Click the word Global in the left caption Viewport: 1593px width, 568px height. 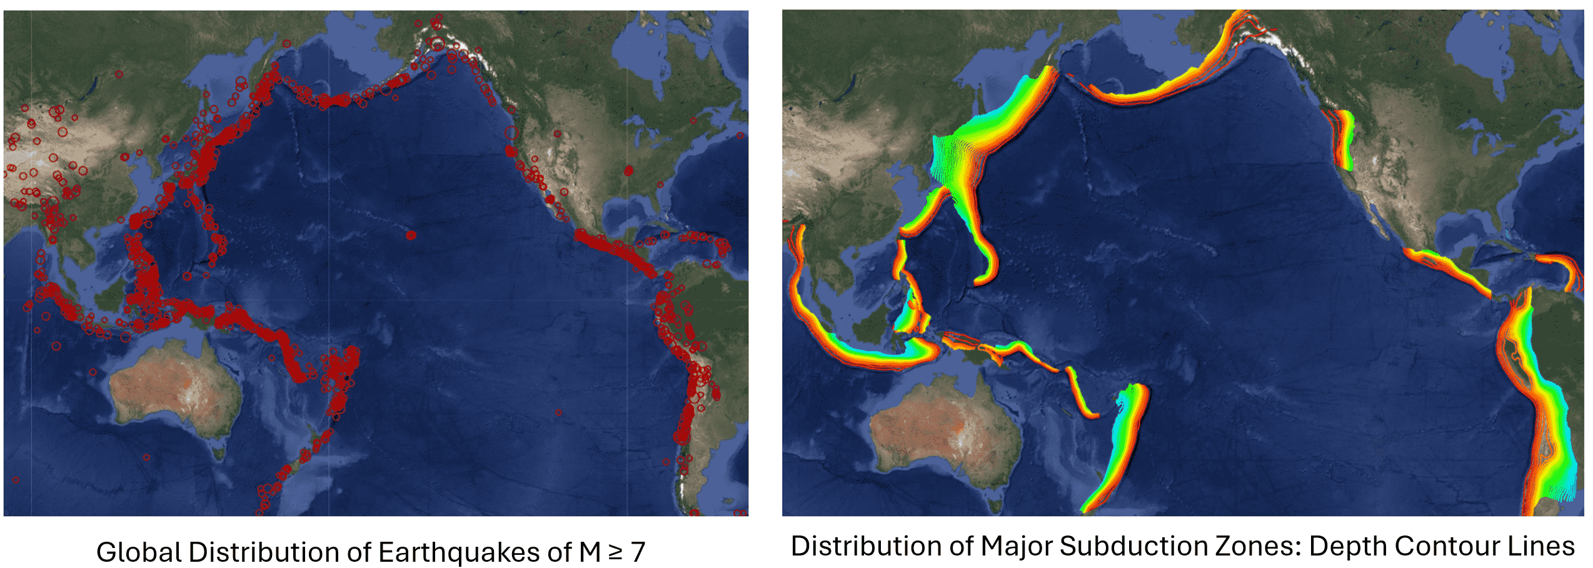[139, 552]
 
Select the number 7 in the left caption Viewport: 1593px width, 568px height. [637, 552]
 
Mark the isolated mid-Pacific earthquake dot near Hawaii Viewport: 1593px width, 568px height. [411, 236]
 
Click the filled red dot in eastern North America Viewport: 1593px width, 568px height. [628, 171]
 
